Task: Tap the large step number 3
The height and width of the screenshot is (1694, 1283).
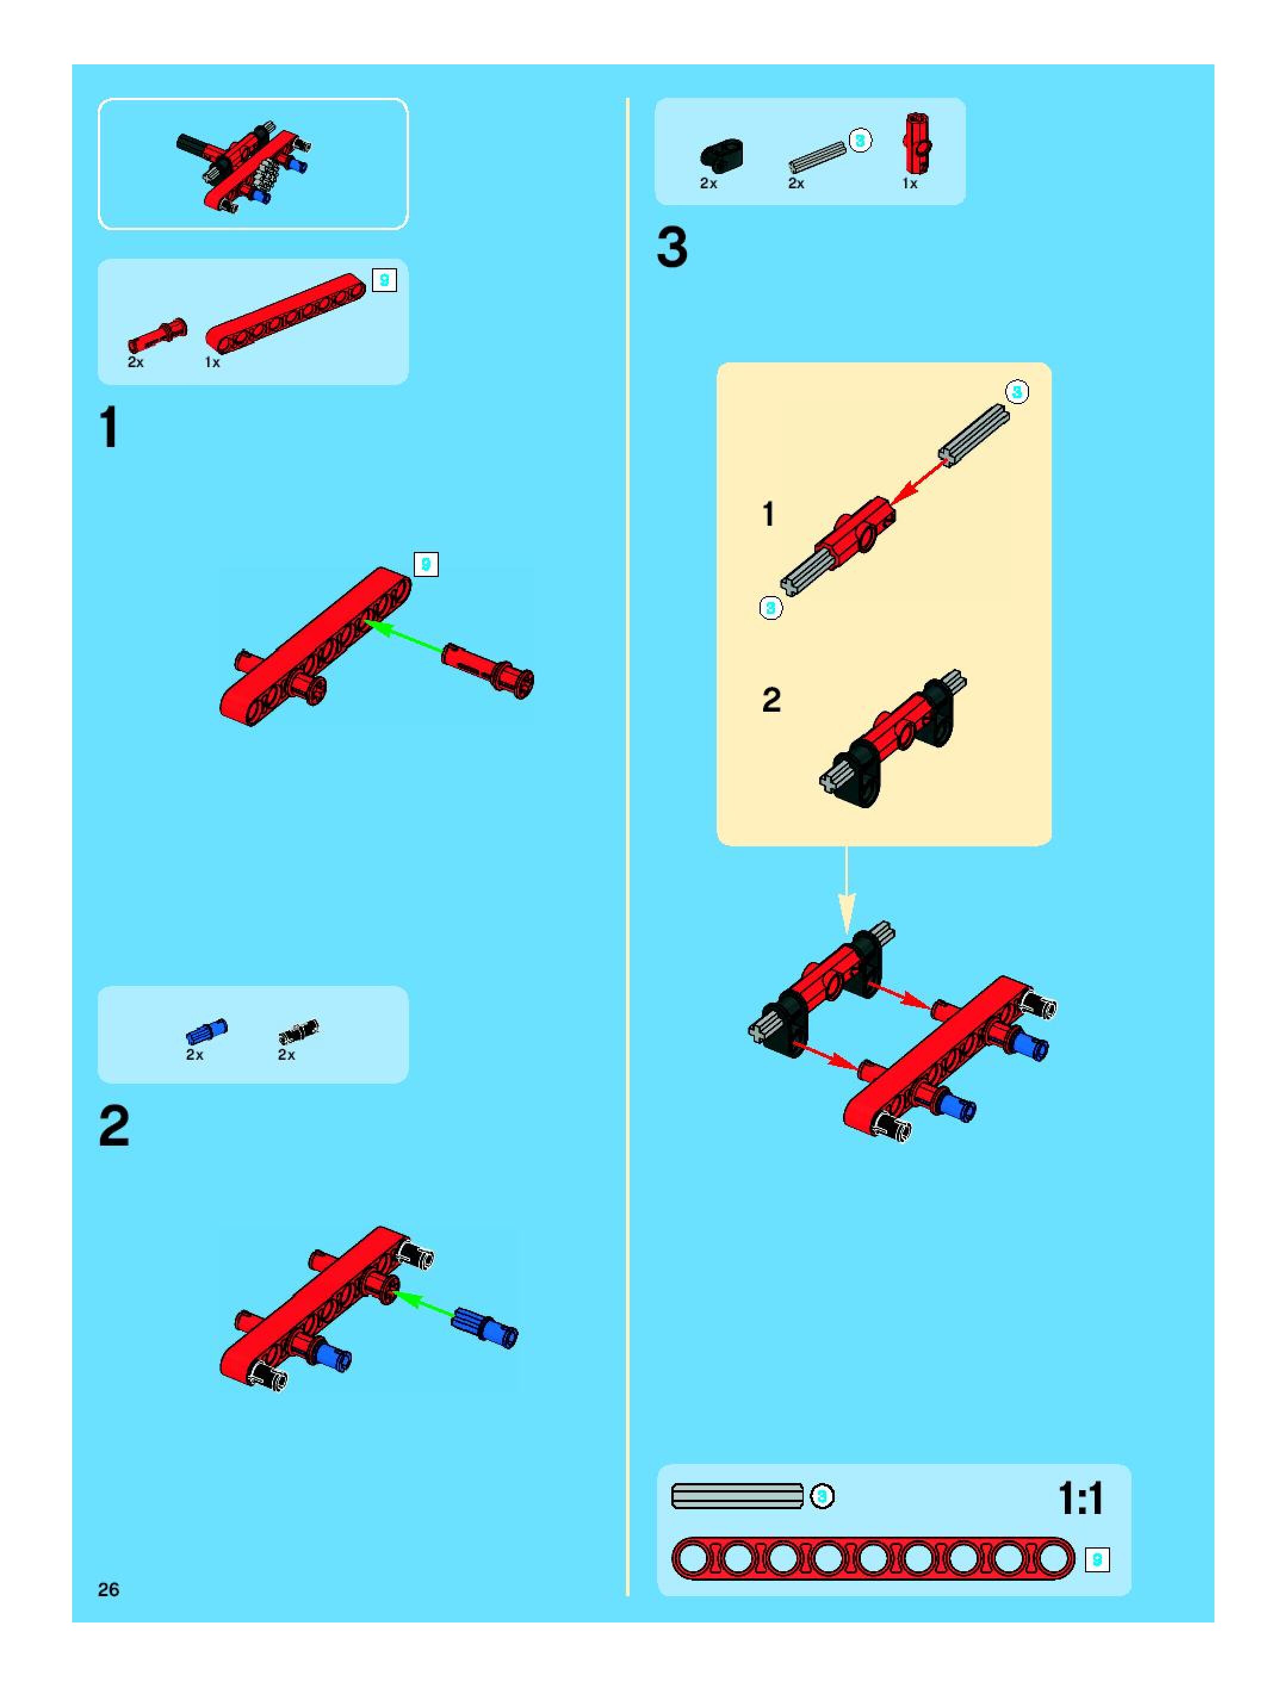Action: tap(672, 248)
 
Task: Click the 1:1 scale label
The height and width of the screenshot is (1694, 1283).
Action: tap(1080, 1498)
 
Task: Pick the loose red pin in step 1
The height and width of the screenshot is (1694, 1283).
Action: tap(488, 669)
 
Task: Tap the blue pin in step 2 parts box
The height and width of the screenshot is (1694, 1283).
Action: tap(207, 1032)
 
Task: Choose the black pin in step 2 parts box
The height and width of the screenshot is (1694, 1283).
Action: tap(299, 1032)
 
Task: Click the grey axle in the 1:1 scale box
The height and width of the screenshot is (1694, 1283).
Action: tap(737, 1496)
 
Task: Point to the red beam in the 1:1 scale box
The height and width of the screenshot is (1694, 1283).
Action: tap(873, 1559)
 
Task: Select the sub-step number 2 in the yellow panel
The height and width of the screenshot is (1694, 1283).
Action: tap(770, 700)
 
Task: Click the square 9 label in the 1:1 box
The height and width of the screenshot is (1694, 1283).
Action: tap(1097, 1559)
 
